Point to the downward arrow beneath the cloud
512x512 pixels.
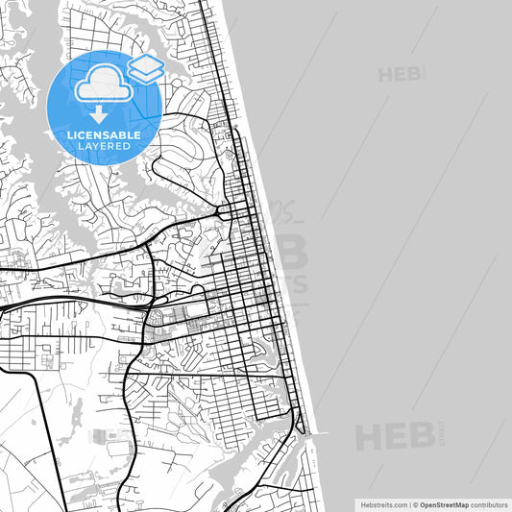pyautogui.click(x=100, y=114)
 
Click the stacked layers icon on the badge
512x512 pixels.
pyautogui.click(x=145, y=67)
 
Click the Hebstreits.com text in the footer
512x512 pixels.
pyautogui.click(x=383, y=503)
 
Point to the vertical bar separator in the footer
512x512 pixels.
pyautogui.click(x=408, y=503)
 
